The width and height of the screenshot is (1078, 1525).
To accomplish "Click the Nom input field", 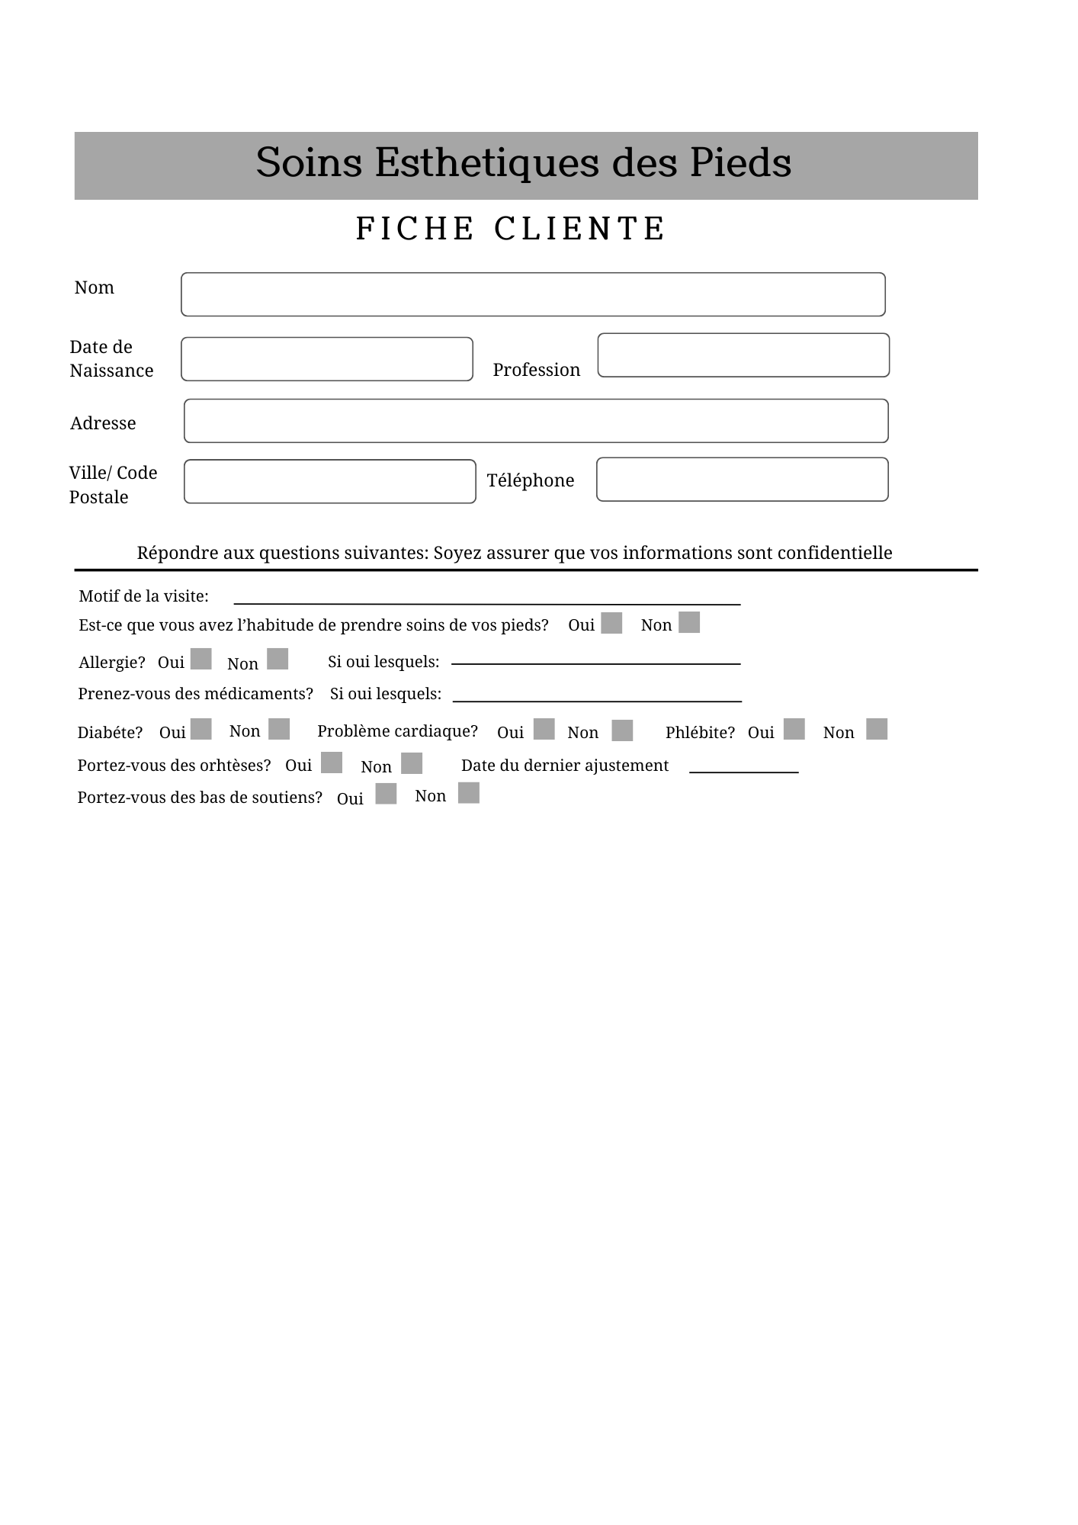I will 533,294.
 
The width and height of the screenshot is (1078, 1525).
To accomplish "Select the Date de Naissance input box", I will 326,359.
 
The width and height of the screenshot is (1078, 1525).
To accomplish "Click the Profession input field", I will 743,355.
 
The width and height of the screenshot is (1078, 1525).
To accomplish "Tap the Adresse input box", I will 536,421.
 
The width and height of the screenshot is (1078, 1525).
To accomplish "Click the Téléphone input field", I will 742,480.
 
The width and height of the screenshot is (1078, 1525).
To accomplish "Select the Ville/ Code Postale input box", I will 329,481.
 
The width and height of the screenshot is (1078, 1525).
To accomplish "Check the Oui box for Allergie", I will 201,659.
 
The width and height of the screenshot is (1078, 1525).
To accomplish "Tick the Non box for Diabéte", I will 279,729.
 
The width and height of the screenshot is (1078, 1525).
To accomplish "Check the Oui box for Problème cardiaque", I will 544,729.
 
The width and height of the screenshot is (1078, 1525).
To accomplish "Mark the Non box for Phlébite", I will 877,729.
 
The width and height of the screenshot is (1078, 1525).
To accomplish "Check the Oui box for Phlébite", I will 794,729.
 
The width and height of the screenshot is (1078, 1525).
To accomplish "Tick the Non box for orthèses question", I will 412,763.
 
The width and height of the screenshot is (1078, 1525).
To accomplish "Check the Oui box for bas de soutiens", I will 387,794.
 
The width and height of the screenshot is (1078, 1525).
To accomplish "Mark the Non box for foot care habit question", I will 689,622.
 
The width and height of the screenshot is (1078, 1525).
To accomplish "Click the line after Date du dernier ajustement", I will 743,769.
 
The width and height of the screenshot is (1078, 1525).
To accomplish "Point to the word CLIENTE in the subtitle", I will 580,229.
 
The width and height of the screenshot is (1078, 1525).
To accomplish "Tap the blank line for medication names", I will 597,697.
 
